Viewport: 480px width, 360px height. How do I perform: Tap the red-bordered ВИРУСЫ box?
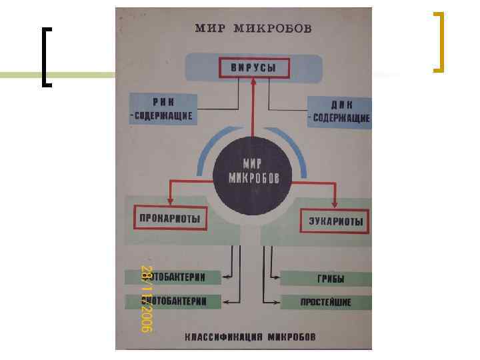tap(253, 68)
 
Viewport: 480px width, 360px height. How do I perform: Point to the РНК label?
tap(162, 103)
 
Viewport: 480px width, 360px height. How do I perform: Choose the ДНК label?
tap(340, 105)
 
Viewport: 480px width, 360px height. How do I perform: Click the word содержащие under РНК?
tap(162, 116)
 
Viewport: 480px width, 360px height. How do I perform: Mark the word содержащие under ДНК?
tap(341, 118)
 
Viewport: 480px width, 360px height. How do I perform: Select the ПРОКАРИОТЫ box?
tap(171, 218)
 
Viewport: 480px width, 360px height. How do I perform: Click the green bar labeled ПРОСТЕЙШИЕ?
tap(325, 301)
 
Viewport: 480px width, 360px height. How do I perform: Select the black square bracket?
tap(45, 57)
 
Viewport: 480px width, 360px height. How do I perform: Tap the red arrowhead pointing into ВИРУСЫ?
tap(253, 81)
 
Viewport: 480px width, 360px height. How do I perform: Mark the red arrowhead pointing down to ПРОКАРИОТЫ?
tap(170, 201)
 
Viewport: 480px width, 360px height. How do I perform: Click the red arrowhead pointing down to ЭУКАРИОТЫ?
tap(335, 203)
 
